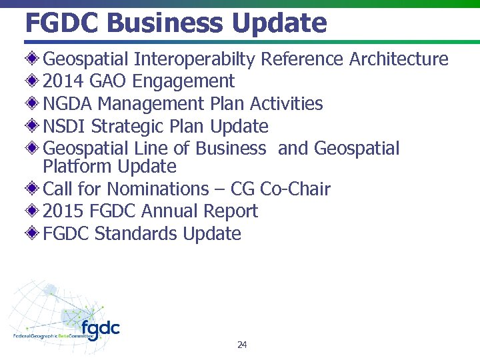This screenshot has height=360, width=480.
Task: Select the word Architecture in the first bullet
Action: pyautogui.click(x=399, y=59)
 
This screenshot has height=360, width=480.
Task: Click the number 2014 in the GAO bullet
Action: pyautogui.click(x=62, y=81)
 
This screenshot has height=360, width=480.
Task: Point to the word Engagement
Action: pyautogui.click(x=183, y=82)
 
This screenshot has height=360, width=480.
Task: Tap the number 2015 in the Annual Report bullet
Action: pyautogui.click(x=62, y=211)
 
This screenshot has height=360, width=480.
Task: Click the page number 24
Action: pyautogui.click(x=242, y=345)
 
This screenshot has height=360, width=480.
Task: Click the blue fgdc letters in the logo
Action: pyautogui.click(x=101, y=329)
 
